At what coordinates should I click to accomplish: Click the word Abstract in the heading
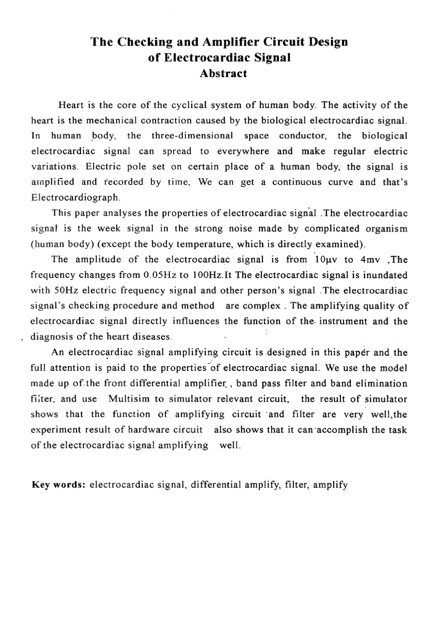[223, 73]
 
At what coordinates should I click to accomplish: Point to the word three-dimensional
[192, 136]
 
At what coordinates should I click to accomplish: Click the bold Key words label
[59, 485]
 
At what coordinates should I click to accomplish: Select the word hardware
[153, 430]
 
